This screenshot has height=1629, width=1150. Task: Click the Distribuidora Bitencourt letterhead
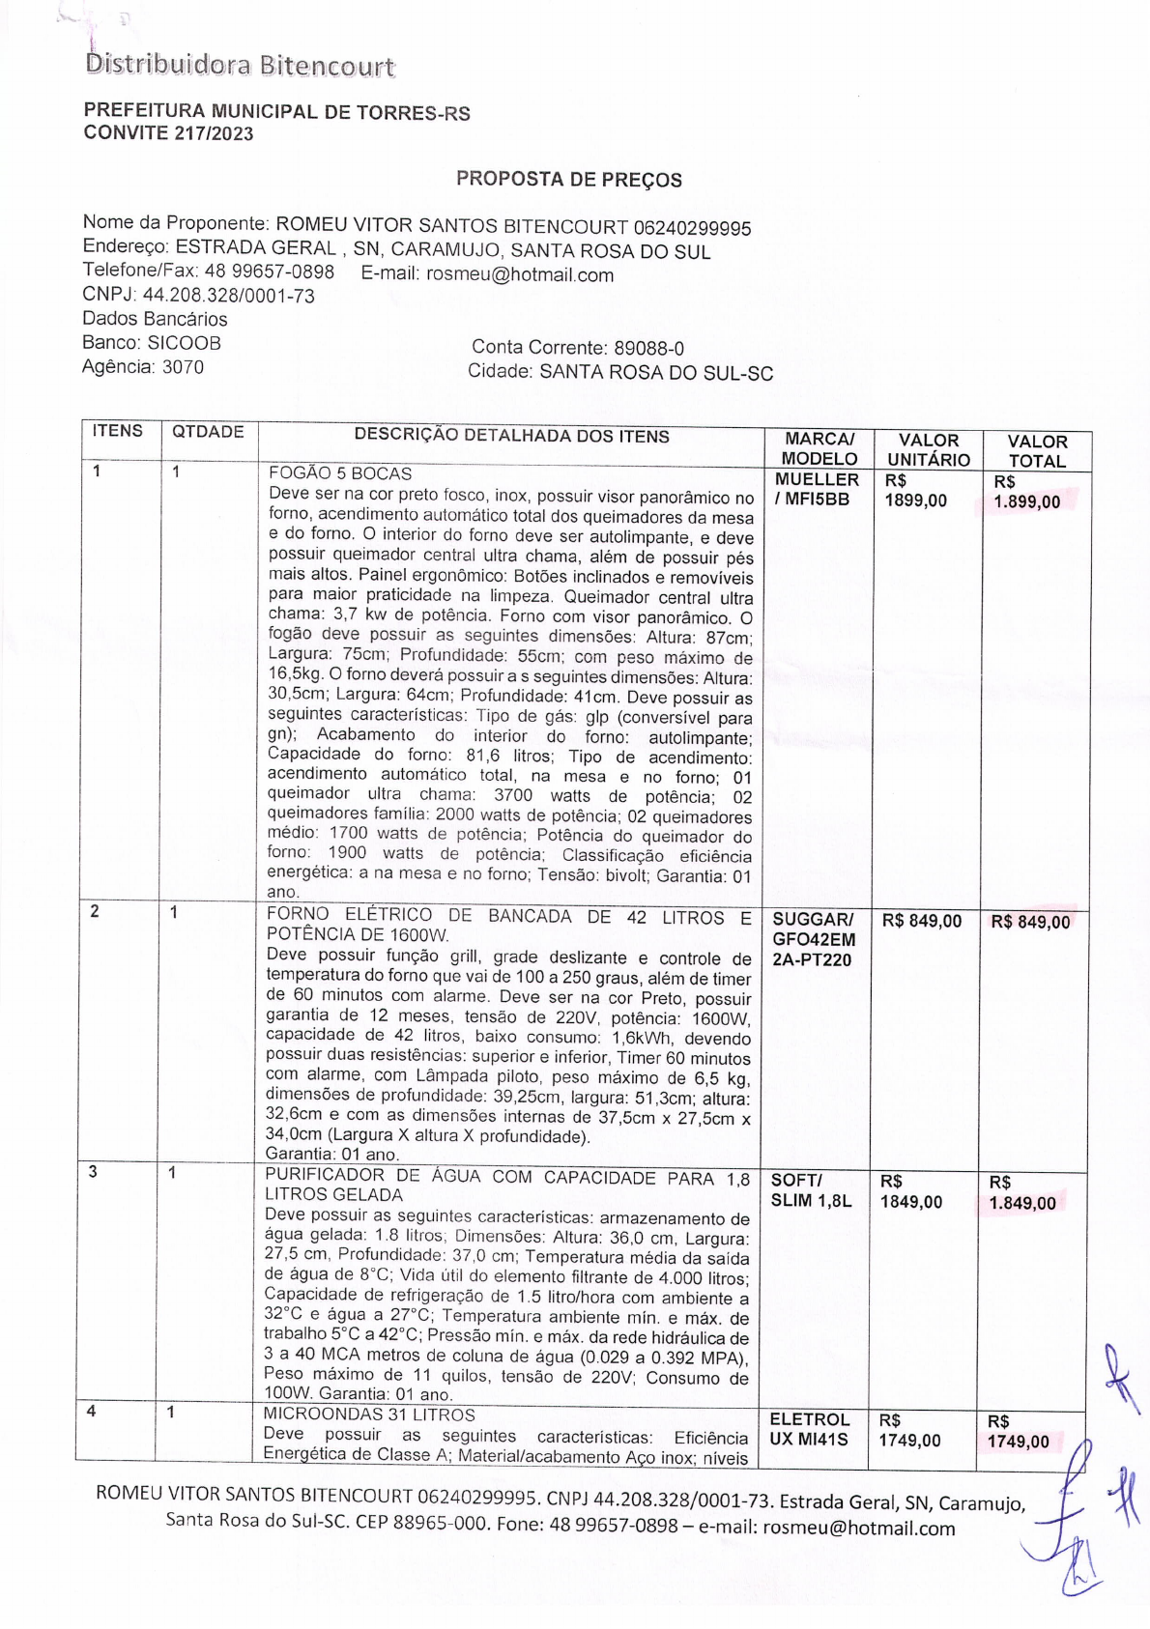240,65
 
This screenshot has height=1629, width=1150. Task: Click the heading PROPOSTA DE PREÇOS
568,179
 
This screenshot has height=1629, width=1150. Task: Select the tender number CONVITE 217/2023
168,133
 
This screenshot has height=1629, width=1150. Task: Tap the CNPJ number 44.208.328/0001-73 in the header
229,296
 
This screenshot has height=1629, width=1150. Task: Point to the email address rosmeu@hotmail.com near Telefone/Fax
520,274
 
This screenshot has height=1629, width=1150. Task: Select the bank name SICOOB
184,343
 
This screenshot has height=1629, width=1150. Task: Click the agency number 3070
183,367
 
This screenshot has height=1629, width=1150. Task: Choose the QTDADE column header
208,432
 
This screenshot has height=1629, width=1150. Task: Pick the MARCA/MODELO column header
819,449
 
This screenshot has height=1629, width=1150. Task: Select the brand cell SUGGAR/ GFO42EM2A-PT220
813,939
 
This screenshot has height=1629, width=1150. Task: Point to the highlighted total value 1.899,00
1026,501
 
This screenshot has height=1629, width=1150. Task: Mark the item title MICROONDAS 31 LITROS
369,1415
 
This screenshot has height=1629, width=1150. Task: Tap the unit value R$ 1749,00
909,1431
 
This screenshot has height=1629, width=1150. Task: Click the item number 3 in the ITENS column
93,1172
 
